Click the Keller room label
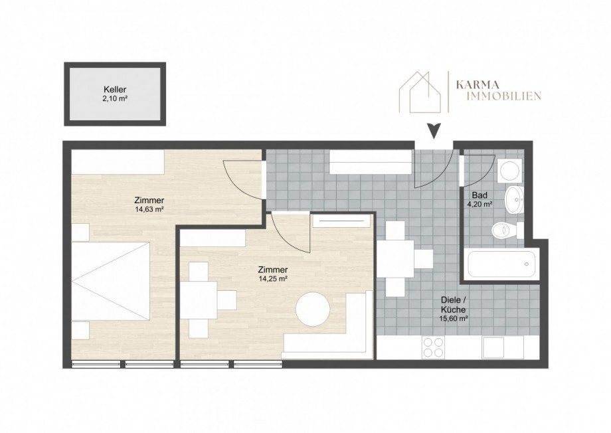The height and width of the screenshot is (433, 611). (114, 89)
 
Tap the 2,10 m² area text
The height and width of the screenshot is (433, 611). (114, 98)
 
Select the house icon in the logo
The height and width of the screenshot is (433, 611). (420, 92)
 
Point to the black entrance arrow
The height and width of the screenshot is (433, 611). (434, 131)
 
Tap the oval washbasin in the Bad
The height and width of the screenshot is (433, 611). (513, 198)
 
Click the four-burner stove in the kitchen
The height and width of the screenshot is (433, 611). (433, 347)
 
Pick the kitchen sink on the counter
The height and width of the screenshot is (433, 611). (493, 347)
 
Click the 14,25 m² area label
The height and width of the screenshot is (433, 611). (273, 279)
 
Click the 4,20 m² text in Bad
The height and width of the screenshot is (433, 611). (479, 205)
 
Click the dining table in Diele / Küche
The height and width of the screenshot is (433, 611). (405, 258)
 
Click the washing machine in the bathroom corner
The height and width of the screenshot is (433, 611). (510, 171)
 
